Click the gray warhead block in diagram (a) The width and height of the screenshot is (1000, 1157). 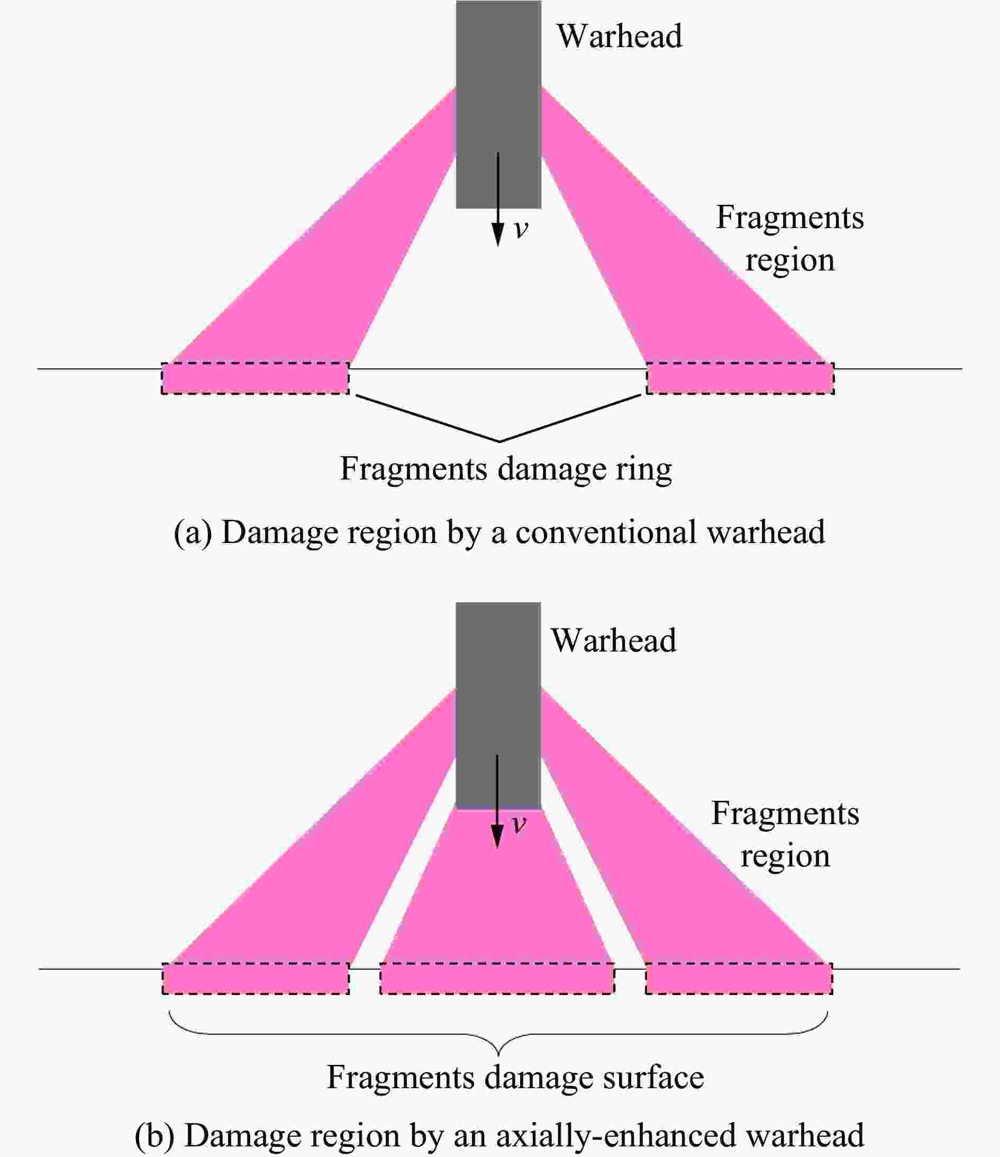pos(498,104)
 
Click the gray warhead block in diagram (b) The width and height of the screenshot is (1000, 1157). pos(498,705)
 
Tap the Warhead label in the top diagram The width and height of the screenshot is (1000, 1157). pos(619,37)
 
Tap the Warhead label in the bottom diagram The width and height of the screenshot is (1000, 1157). pos(614,640)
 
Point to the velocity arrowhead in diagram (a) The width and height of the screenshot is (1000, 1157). pos(497,234)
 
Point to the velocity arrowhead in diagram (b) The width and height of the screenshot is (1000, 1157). pos(497,835)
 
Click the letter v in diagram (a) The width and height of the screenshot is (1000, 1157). pos(521,230)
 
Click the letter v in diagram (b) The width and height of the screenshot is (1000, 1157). pos(519,824)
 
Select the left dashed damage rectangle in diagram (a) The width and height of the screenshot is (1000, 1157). pos(255,378)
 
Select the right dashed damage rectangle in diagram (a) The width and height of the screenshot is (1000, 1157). pos(740,378)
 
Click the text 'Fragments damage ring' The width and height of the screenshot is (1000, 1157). pos(506,469)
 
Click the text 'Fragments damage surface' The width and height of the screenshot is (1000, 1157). pos(515,1077)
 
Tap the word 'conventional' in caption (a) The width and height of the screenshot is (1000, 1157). pos(606,532)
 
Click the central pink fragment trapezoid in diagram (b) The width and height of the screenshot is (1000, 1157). pos(497,888)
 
